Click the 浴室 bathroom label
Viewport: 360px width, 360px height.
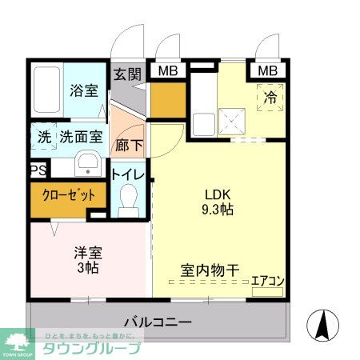[x=84, y=90]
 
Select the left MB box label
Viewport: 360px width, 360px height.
[x=167, y=71]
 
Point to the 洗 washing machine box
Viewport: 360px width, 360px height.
[x=43, y=137]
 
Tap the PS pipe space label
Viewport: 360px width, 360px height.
[x=38, y=170]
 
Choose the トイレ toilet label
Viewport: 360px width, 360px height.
[x=128, y=174]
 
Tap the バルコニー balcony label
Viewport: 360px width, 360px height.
[x=158, y=323]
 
